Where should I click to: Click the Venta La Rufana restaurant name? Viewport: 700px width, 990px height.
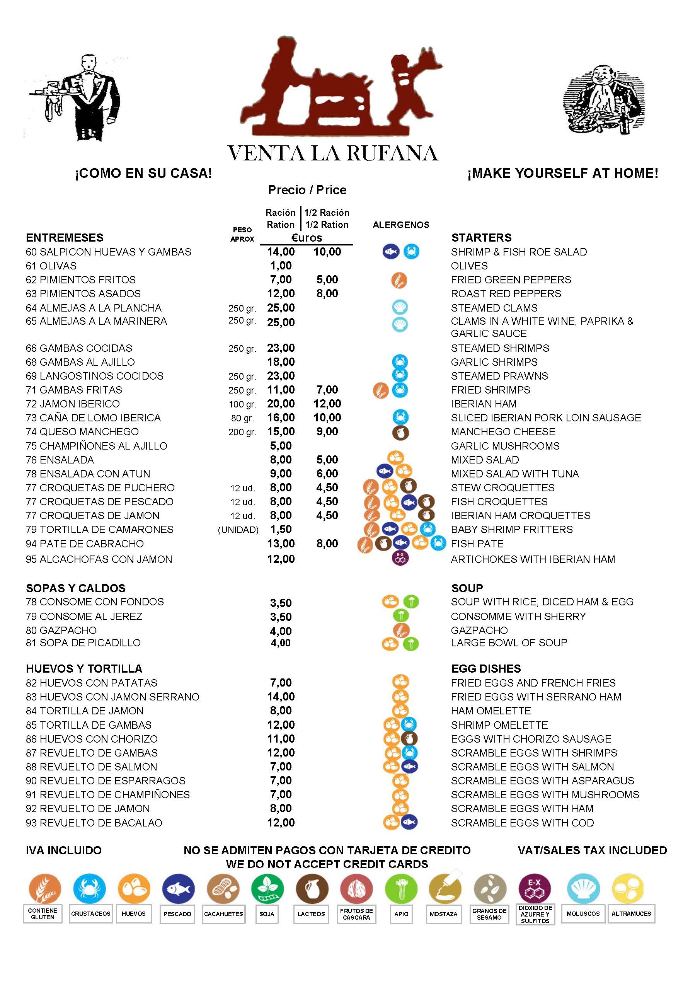[332, 153]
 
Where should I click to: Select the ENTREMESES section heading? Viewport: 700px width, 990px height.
[65, 238]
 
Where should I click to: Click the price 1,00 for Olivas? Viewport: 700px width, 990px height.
[281, 266]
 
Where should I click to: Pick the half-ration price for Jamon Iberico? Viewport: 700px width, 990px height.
[327, 404]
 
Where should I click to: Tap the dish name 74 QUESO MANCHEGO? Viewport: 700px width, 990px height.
[82, 432]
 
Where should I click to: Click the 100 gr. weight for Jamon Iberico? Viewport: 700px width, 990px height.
[242, 404]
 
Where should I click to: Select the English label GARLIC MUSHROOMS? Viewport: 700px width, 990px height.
[505, 446]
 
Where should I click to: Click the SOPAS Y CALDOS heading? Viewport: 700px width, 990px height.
[75, 588]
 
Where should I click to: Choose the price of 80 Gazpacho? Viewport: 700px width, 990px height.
[281, 631]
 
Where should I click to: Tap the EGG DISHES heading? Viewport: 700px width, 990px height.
[486, 669]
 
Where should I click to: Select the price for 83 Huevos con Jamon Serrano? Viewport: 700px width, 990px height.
[281, 697]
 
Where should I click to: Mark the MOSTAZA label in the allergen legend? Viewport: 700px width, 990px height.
[443, 914]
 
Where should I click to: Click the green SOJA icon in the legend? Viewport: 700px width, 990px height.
[267, 888]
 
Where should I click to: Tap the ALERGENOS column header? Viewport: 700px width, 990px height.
[400, 225]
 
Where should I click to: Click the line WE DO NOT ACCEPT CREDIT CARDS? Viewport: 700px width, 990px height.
[327, 864]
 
